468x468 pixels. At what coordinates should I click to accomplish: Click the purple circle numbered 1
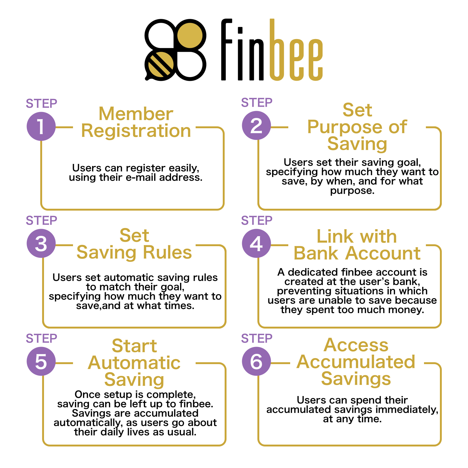(41, 126)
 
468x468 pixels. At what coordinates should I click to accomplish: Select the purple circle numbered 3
(41, 243)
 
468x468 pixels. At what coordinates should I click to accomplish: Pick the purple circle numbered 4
(256, 243)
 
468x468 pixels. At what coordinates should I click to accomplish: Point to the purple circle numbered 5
(41, 362)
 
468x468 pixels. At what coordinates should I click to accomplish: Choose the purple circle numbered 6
(256, 362)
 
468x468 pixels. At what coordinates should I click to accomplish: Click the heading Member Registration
(136, 122)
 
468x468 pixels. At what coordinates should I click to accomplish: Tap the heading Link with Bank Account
(357, 245)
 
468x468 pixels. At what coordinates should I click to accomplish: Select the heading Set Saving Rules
(134, 244)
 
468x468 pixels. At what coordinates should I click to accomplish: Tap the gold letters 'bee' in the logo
(296, 50)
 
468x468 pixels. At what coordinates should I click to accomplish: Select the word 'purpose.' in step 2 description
(352, 191)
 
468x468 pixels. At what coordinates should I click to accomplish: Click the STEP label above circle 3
(41, 221)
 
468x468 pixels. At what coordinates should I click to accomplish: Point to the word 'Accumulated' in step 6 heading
(356, 362)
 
